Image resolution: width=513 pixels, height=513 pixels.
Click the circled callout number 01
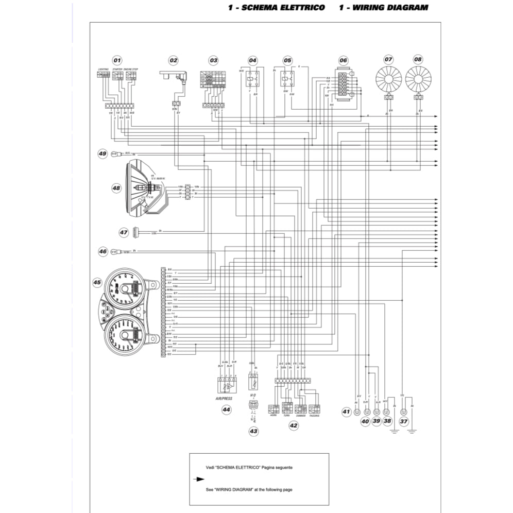tap(117, 60)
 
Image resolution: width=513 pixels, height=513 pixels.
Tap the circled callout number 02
tap(173, 60)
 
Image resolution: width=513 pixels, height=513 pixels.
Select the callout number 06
tap(343, 60)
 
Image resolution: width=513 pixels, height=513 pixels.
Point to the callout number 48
tap(116, 189)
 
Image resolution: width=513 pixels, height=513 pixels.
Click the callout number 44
tap(226, 409)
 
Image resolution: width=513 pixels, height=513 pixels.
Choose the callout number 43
tap(253, 431)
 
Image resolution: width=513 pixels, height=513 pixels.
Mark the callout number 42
tap(294, 425)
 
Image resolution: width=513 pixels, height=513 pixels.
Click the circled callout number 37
tap(404, 421)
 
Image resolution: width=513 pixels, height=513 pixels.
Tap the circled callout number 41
tap(346, 412)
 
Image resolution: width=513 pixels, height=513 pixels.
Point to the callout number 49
tap(102, 153)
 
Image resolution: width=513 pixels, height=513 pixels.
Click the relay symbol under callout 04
tap(252, 79)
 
